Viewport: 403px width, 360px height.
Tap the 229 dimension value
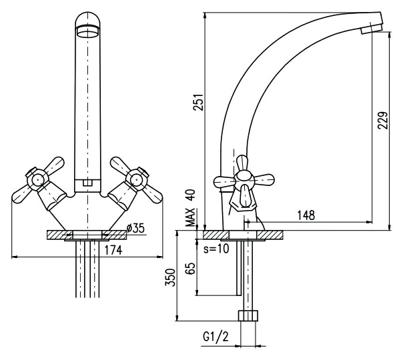point(383,120)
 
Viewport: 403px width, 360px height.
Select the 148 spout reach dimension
point(306,215)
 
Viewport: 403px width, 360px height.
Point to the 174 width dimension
point(113,250)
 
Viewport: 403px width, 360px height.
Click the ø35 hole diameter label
point(135,228)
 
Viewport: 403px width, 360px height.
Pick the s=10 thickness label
point(216,249)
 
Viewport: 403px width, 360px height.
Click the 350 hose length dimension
point(170,277)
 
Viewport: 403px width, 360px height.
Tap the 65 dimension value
point(190,268)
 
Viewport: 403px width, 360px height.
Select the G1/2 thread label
point(216,337)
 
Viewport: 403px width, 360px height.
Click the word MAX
point(190,217)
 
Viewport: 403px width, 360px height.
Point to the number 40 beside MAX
point(190,195)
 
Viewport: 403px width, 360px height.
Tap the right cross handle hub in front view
point(137,179)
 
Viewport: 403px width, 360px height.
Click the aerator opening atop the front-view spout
point(87,33)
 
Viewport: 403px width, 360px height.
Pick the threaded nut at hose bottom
point(248,315)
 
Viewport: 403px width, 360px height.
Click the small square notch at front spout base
point(87,183)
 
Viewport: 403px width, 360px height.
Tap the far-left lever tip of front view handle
point(15,199)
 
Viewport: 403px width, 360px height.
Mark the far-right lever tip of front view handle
point(158,199)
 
